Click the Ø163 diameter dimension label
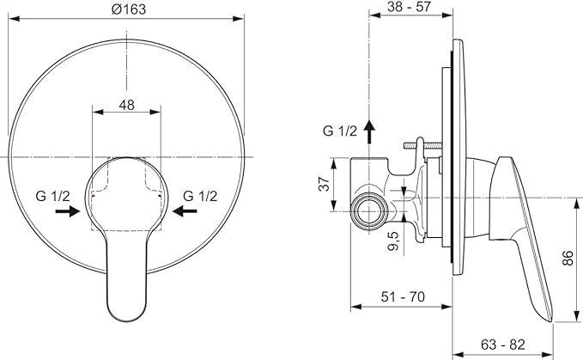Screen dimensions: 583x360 click(x=129, y=9)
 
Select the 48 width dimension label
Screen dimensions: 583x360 click(x=127, y=105)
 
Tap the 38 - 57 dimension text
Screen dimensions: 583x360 click(x=409, y=6)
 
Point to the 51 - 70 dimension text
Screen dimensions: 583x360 click(x=403, y=296)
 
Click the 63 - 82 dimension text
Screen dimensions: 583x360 click(x=502, y=345)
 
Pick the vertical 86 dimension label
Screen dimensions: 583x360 click(x=568, y=258)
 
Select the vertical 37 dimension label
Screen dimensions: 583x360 click(x=325, y=184)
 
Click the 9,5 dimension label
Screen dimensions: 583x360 click(x=393, y=241)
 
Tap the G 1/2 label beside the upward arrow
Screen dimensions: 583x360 click(x=340, y=131)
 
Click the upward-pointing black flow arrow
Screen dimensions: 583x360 click(x=369, y=132)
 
